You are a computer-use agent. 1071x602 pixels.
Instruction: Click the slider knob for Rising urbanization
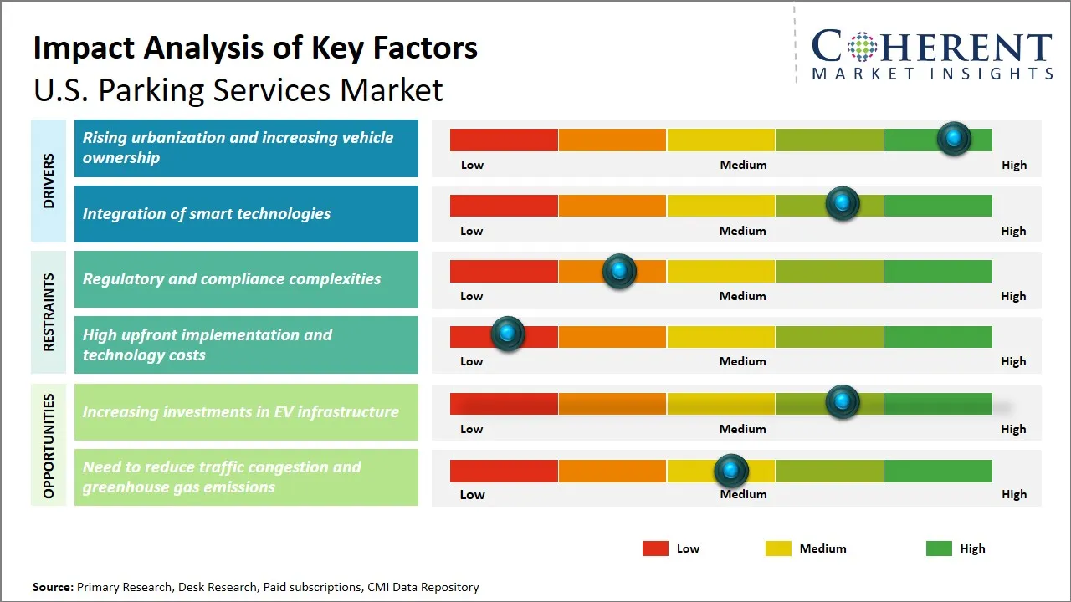point(953,139)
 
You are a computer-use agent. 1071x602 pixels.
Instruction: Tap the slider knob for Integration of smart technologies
point(842,204)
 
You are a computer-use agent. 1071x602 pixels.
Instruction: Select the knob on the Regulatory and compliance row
point(619,270)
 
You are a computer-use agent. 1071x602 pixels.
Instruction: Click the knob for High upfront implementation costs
point(507,334)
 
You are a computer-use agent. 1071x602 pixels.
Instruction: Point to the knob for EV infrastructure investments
point(842,402)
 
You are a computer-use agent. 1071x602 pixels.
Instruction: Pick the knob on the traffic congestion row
point(731,471)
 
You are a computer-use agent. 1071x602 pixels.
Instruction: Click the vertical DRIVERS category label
point(49,181)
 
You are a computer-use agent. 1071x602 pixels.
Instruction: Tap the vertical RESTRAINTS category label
point(49,312)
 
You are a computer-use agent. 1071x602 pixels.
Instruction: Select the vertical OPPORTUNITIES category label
point(49,446)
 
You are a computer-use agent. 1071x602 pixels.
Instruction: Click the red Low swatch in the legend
point(655,548)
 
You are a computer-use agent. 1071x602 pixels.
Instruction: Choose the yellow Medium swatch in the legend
point(778,548)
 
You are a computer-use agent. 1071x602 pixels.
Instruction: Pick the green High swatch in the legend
point(939,548)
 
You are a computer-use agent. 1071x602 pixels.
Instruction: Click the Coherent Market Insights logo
point(931,54)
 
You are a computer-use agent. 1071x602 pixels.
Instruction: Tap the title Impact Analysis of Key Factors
point(255,48)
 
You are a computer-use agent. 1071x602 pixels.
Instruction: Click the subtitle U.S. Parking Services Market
point(238,89)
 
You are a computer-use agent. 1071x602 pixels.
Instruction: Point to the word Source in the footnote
point(53,587)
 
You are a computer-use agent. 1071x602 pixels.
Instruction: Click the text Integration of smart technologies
point(207,214)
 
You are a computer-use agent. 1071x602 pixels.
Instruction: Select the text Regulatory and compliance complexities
point(232,279)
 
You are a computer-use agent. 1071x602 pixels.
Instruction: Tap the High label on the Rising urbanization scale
point(1013,165)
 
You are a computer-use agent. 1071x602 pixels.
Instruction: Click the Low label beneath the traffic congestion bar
point(472,494)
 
